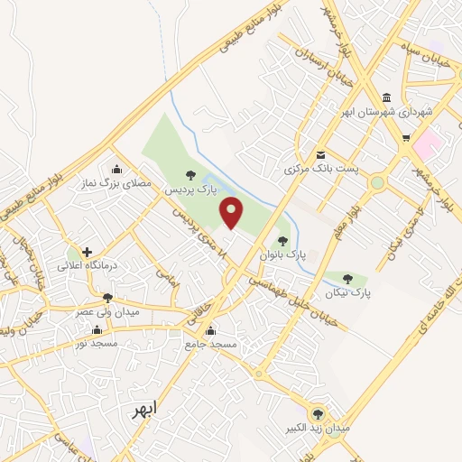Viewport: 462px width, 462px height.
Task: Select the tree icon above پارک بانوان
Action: [x=283, y=241]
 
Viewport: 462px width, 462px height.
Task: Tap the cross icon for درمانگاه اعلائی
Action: [x=87, y=253]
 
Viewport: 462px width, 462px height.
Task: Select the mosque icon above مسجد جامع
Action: [x=210, y=330]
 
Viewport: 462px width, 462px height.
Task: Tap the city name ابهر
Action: [x=142, y=409]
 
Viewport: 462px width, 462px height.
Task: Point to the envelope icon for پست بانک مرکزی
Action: [x=320, y=154]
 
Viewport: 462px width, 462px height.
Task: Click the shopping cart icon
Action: [x=407, y=138]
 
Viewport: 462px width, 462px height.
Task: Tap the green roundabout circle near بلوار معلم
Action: [x=377, y=183]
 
